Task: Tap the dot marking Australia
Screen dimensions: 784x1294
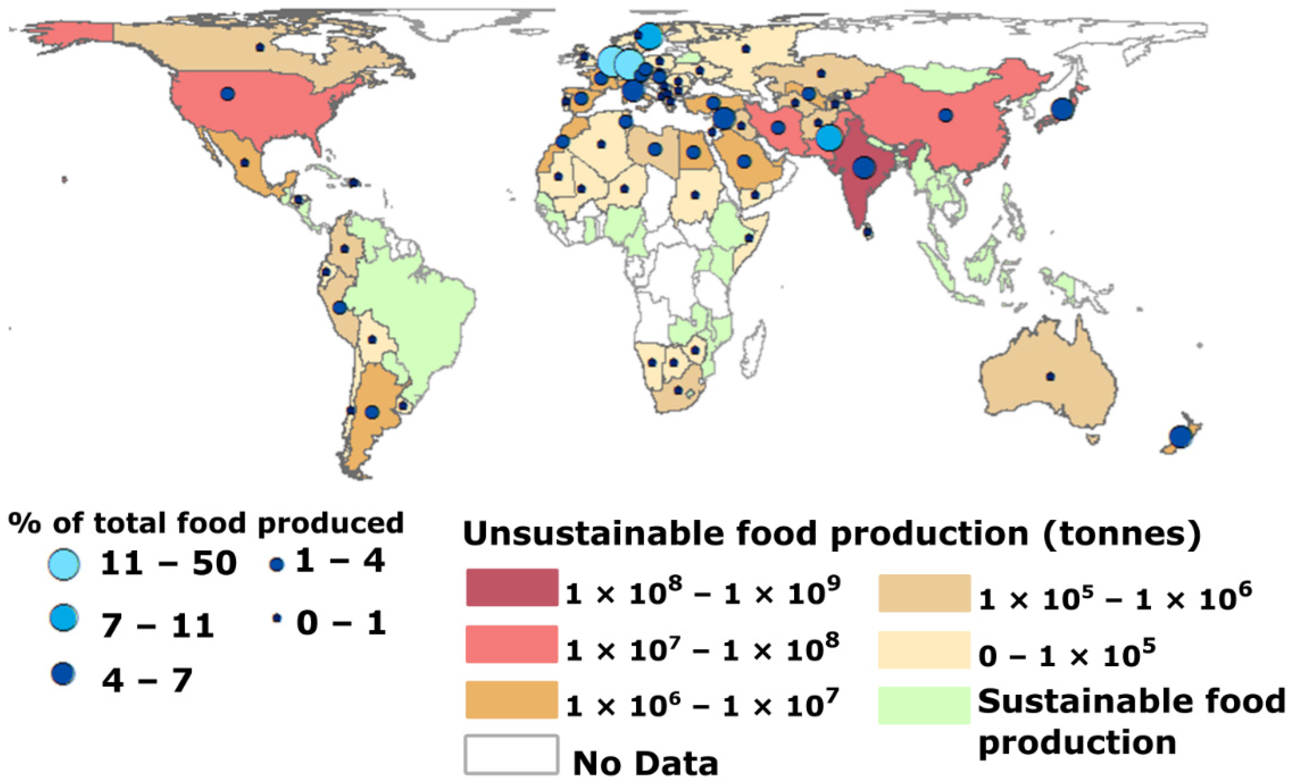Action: click(x=1050, y=377)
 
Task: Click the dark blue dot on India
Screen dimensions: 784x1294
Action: click(x=864, y=167)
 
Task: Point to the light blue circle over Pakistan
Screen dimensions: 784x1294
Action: click(x=829, y=137)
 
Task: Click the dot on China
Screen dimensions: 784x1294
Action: click(x=946, y=115)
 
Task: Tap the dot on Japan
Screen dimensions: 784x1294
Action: click(x=1063, y=109)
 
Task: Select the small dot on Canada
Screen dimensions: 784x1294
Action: click(x=260, y=47)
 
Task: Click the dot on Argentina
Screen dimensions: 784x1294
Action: click(x=372, y=412)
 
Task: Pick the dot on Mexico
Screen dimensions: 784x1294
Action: click(x=244, y=163)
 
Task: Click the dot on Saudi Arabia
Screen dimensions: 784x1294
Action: click(x=744, y=161)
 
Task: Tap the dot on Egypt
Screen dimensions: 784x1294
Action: click(x=693, y=152)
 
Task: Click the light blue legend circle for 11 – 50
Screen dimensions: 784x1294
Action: click(x=64, y=564)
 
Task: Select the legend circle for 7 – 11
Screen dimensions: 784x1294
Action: click(x=64, y=618)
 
